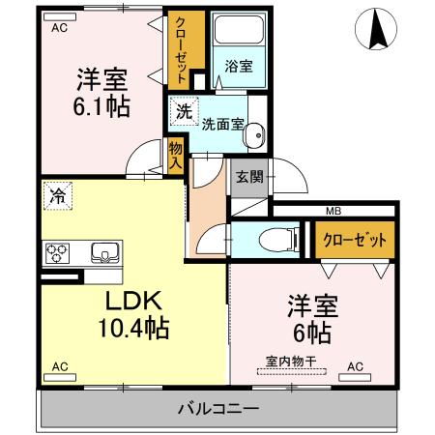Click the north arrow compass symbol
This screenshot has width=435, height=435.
[x=377, y=30]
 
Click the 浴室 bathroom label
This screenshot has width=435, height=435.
[x=238, y=66]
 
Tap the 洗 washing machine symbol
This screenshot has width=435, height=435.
[x=184, y=111]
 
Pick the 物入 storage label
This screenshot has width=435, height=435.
[x=175, y=155]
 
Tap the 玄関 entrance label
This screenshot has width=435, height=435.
[x=246, y=176]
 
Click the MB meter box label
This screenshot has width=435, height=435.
[x=333, y=211]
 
